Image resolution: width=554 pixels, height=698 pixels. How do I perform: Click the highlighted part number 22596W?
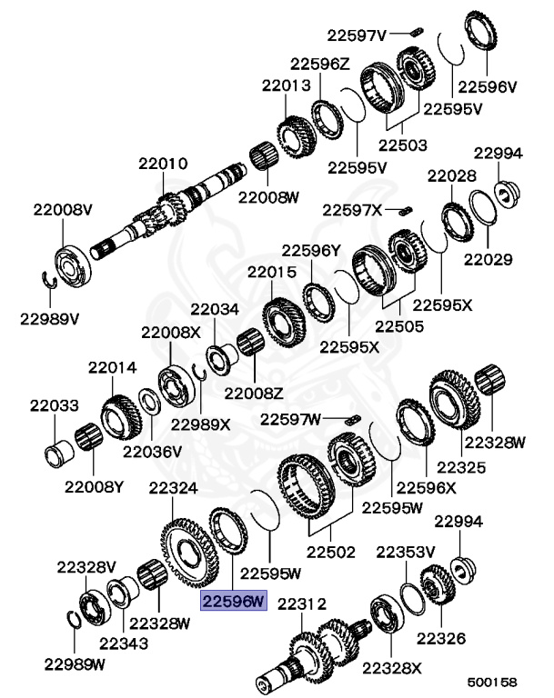(233, 601)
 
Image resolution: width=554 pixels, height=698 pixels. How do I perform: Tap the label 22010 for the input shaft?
(163, 165)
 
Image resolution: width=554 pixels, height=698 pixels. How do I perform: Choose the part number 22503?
(402, 145)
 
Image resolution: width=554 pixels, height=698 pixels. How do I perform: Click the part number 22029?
(488, 259)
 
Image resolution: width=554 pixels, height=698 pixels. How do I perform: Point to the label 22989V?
(50, 318)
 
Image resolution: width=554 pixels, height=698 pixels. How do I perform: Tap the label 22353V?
(407, 552)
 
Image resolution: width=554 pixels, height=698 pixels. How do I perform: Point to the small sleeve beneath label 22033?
(57, 450)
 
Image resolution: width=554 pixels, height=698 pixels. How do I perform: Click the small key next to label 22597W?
(356, 419)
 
